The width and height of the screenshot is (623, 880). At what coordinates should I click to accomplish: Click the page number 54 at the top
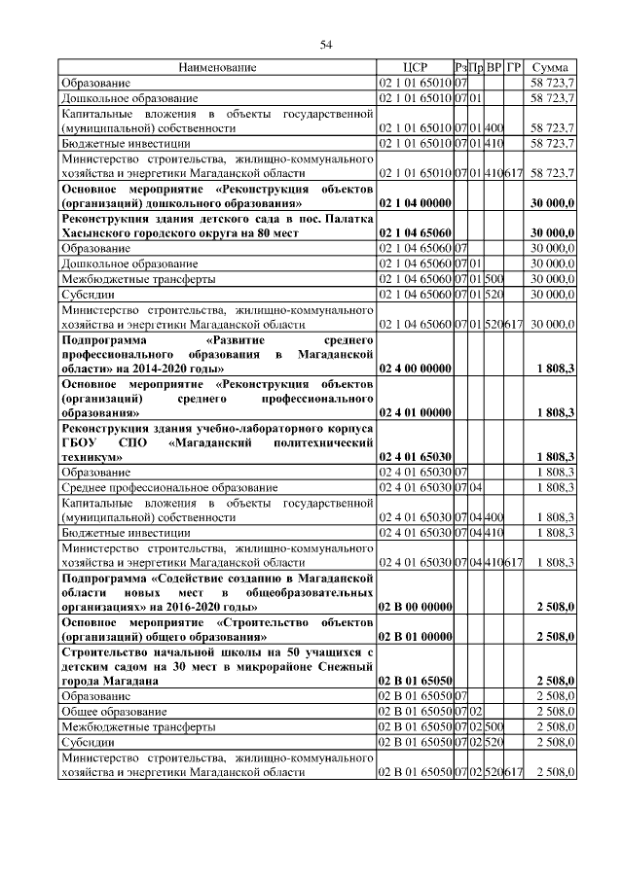point(327,44)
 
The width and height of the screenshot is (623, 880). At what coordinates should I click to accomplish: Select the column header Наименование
point(217,68)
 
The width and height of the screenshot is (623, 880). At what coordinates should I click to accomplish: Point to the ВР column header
point(495,68)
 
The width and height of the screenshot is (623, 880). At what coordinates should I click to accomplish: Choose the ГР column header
point(515,68)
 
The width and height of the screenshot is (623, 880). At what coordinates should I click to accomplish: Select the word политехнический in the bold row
point(321,441)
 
